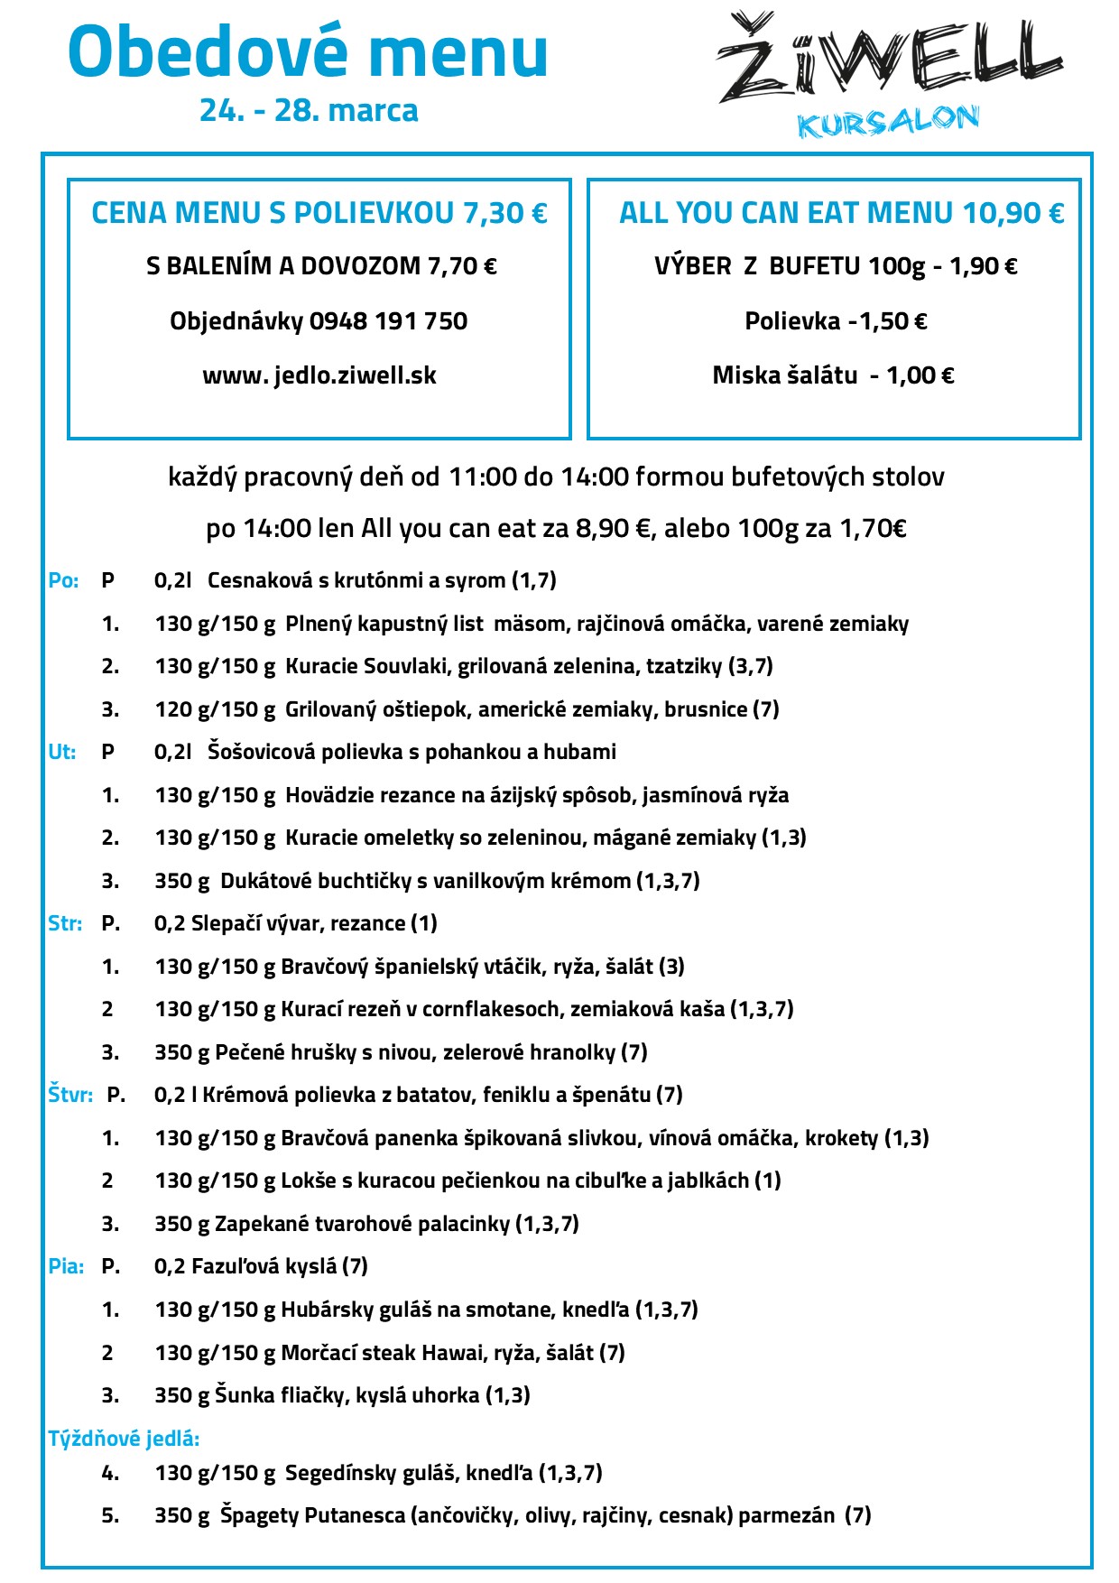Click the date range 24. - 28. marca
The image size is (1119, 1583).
(309, 111)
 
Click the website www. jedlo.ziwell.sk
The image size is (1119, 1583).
(319, 375)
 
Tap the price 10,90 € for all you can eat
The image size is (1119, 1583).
(1013, 213)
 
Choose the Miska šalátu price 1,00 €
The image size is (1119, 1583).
(920, 375)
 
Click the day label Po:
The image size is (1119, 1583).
(63, 581)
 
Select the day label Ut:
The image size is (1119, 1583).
(61, 753)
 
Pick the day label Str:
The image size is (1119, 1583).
(65, 924)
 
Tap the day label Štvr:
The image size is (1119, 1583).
(70, 1096)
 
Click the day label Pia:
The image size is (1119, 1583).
(66, 1267)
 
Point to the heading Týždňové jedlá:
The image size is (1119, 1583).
(124, 1439)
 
